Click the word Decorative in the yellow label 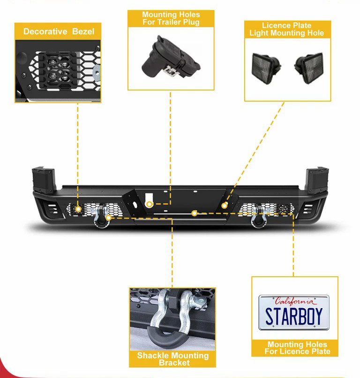pos(45,31)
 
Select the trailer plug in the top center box pos(170,57)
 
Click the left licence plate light pos(266,68)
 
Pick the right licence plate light pos(309,68)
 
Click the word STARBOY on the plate pos(294,316)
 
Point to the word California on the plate pos(295,302)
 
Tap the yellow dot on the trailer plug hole pos(150,204)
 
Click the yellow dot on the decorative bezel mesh pos(78,209)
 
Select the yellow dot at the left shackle pos(109,218)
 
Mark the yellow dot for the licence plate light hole pos(225,205)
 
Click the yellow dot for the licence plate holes pos(194,213)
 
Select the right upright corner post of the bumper pos(316,180)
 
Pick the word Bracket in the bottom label pos(174,363)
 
